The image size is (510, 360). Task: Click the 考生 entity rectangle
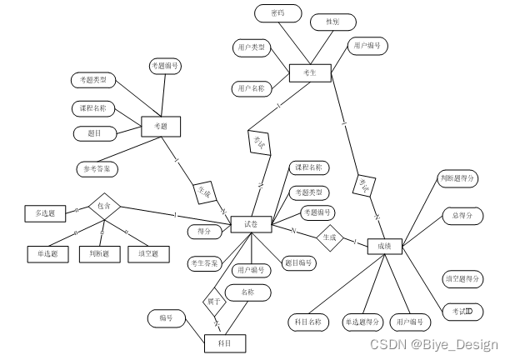(x=308, y=74)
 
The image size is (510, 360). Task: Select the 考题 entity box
(x=161, y=127)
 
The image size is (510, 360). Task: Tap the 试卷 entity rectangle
(x=251, y=224)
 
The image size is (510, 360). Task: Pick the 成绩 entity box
(x=384, y=246)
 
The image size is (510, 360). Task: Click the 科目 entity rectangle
(x=226, y=342)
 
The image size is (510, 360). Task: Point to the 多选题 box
(x=44, y=214)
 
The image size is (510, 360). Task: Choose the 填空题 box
(x=148, y=253)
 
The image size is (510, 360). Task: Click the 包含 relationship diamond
(x=104, y=205)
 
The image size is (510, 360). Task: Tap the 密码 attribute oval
(x=277, y=14)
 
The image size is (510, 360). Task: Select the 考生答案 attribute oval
(x=204, y=262)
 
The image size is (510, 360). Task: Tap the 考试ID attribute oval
(x=462, y=311)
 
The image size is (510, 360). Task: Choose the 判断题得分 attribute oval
(x=457, y=177)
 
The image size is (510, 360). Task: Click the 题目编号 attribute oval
(x=297, y=263)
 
